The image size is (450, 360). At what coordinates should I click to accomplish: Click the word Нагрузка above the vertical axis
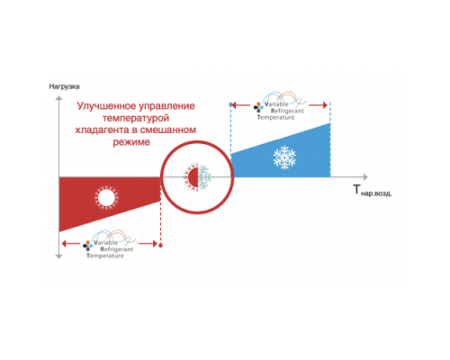click(64, 86)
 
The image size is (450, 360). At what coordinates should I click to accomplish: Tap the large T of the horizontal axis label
click(356, 189)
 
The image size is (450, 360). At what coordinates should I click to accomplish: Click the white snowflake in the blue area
click(284, 157)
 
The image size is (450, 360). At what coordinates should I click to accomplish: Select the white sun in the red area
click(106, 198)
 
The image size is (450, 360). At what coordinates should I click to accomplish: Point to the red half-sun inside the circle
click(191, 177)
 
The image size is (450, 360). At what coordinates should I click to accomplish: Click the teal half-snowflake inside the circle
click(204, 177)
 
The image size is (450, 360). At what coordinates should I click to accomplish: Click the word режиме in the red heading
click(131, 142)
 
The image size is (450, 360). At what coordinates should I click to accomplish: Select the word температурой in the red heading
click(136, 118)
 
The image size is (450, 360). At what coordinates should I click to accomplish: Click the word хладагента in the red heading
click(103, 130)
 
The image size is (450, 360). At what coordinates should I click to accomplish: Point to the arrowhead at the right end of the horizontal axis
click(365, 177)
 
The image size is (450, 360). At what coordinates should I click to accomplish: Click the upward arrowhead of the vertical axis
click(59, 98)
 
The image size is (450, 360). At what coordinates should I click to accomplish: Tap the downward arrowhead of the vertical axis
click(59, 256)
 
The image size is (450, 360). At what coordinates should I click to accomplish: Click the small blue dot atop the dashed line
click(230, 104)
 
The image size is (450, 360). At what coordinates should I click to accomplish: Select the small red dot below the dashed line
click(160, 246)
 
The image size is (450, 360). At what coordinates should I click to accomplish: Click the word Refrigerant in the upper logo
click(287, 111)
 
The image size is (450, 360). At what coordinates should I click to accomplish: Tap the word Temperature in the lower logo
click(105, 256)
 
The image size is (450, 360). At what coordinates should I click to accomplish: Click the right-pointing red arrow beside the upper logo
click(318, 105)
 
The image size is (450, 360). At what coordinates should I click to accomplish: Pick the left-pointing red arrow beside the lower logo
click(71, 243)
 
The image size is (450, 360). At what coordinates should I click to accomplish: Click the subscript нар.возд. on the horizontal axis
click(376, 193)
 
